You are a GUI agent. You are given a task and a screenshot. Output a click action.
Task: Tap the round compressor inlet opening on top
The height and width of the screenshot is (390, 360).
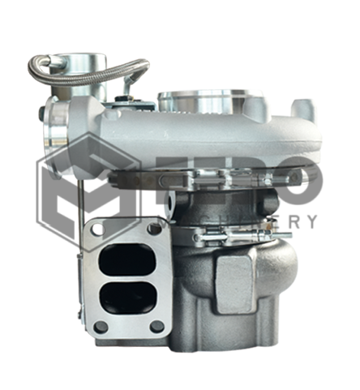(x=199, y=100)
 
